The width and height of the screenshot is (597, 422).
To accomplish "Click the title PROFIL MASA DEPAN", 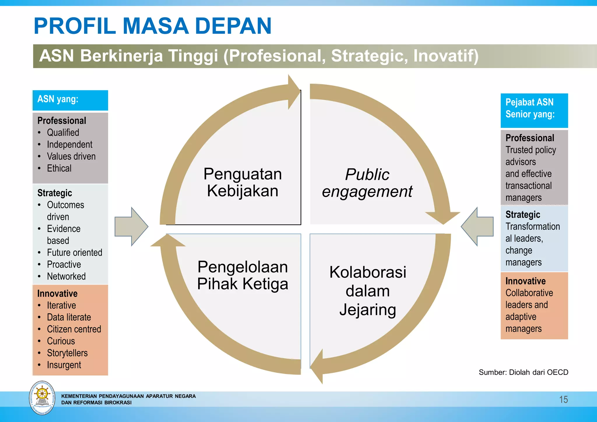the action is [x=152, y=26].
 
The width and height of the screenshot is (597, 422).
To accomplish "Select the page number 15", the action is [x=563, y=399].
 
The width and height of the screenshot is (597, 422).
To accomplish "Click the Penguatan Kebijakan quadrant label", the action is [x=243, y=182].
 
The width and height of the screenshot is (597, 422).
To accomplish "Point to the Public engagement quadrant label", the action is [x=367, y=183].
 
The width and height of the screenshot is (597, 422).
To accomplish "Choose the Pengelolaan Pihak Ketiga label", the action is [x=243, y=275].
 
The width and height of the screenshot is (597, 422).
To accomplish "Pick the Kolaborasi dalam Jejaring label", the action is [x=368, y=291].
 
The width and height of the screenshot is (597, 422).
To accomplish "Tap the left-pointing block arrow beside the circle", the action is [x=477, y=226].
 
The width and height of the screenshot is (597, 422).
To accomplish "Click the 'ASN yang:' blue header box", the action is [x=70, y=100].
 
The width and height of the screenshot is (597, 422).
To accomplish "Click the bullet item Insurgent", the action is [x=64, y=365].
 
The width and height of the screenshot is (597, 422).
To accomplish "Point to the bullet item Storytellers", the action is [x=67, y=353].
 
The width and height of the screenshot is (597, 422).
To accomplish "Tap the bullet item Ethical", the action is [x=59, y=168].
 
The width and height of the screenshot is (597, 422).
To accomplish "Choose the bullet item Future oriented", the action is [x=75, y=252].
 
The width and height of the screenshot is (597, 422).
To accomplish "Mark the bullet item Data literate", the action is [x=69, y=317].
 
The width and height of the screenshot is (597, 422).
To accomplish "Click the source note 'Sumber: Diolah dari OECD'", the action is [x=523, y=372].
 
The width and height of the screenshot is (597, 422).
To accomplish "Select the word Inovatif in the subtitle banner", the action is [x=446, y=56].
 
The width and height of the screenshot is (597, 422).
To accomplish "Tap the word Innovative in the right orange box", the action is [x=525, y=281].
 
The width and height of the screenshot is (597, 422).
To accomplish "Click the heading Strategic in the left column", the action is [x=55, y=193].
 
